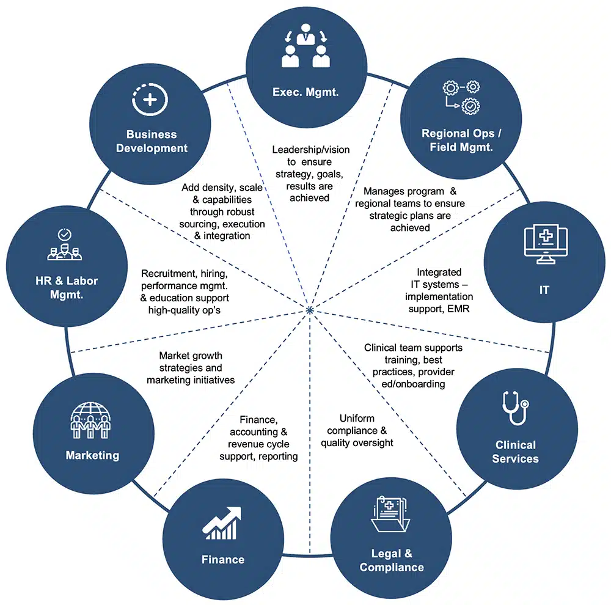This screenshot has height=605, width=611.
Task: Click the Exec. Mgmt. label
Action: point(305,93)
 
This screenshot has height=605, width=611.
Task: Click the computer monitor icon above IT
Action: point(543,245)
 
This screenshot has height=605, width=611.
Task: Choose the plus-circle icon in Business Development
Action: point(150,98)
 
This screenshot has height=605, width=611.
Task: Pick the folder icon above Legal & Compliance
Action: point(391,515)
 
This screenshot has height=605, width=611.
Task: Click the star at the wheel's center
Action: point(310,310)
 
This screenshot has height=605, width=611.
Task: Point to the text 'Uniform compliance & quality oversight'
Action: point(357,431)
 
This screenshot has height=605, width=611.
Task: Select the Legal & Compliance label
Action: point(392,560)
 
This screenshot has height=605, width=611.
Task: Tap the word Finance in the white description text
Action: point(258,419)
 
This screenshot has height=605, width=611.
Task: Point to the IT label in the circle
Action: point(544,290)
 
